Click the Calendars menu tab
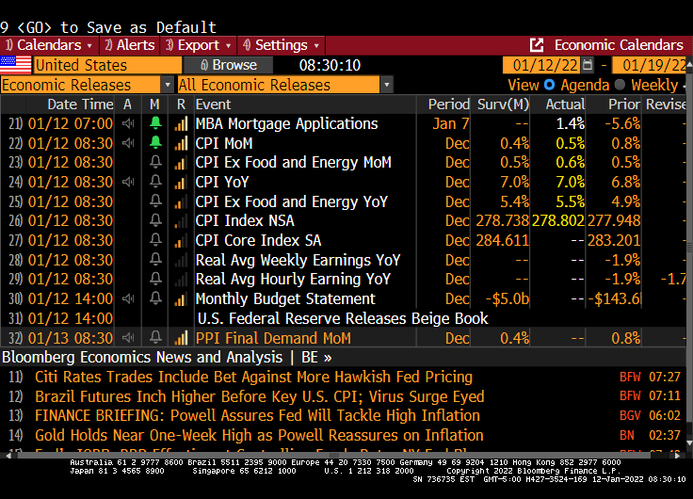(x=49, y=45)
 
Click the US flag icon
(x=15, y=65)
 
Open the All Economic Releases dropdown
(x=283, y=85)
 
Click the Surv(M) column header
(x=503, y=105)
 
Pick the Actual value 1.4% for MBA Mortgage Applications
(x=570, y=124)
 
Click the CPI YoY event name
(x=222, y=182)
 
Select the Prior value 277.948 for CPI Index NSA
(x=615, y=220)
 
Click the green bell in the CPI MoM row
(x=155, y=143)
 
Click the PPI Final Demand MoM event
(x=272, y=338)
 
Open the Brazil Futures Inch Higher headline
(x=259, y=396)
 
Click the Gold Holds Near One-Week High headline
(x=259, y=435)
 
